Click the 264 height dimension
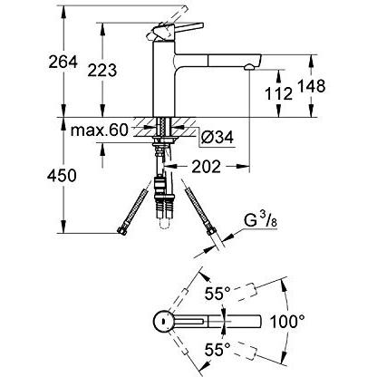63,63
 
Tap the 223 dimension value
102,71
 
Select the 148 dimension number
312,86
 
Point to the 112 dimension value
278,93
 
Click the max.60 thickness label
100,130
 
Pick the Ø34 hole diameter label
217,138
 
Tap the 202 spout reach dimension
207,166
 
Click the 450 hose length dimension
62,175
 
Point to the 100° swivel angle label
287,322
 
